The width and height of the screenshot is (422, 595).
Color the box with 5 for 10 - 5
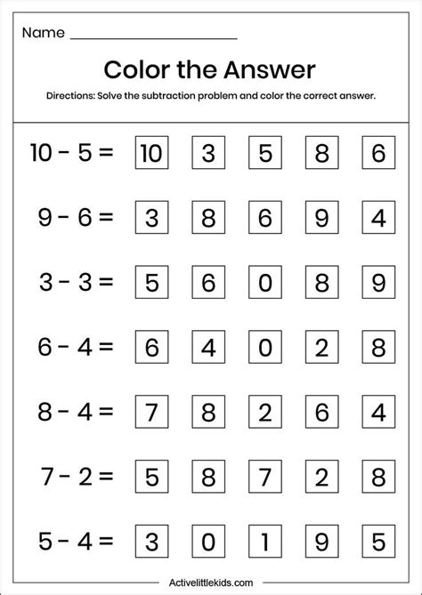(263, 153)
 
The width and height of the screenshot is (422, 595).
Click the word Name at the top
(44, 33)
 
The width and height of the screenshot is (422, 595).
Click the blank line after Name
(152, 37)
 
